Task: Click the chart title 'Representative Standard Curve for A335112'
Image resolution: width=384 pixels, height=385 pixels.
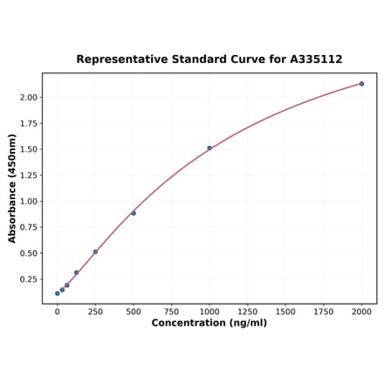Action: click(209, 59)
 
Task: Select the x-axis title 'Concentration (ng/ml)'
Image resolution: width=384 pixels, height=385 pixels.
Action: click(209, 323)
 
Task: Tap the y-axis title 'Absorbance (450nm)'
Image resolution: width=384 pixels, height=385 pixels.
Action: click(12, 188)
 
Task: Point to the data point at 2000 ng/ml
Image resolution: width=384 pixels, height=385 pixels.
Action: click(361, 84)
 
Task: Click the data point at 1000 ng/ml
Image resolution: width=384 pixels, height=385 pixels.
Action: click(209, 148)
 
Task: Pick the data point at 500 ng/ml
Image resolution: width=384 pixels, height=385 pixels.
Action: click(134, 213)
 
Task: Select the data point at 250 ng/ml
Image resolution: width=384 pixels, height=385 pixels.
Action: click(95, 251)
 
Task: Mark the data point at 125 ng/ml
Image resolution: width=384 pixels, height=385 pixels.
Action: click(76, 272)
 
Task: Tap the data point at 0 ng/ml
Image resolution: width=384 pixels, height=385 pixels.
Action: click(58, 293)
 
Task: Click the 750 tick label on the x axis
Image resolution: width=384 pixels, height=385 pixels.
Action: click(171, 311)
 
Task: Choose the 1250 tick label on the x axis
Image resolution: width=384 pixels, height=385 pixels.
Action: click(247, 311)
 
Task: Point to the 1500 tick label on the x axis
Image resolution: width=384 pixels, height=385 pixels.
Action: click(285, 311)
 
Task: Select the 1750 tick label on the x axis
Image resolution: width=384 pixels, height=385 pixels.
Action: click(324, 311)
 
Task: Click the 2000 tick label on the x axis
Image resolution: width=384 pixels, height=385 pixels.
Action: click(361, 311)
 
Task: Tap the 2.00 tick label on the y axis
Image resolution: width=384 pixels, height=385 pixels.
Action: click(28, 97)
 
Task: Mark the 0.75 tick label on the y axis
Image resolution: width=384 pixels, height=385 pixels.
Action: click(28, 227)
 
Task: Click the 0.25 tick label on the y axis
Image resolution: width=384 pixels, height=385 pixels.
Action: click(28, 279)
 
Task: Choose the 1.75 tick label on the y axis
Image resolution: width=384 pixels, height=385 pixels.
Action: click(28, 123)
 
